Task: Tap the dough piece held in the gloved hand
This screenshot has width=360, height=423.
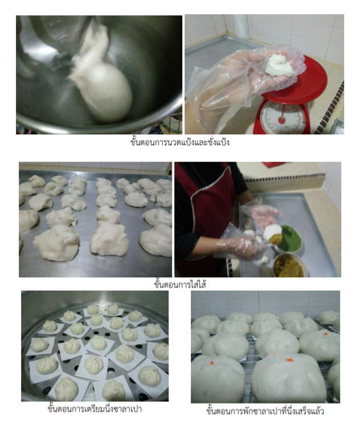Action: pyautogui.click(x=279, y=65)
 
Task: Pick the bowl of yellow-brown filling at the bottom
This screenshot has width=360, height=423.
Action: pyautogui.click(x=288, y=265)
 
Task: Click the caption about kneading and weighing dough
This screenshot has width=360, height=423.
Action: pyautogui.click(x=180, y=142)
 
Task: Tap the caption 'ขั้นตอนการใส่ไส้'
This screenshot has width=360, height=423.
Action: pyautogui.click(x=180, y=285)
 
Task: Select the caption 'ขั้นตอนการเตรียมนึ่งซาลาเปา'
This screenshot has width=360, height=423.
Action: pyautogui.click(x=95, y=409)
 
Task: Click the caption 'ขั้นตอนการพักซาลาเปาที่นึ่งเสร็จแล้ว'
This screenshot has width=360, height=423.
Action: pyautogui.click(x=265, y=411)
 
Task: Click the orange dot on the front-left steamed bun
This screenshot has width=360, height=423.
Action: pyautogui.click(x=211, y=363)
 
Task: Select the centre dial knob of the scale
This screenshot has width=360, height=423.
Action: pyautogui.click(x=281, y=120)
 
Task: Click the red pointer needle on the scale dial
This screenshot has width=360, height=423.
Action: pyautogui.click(x=283, y=113)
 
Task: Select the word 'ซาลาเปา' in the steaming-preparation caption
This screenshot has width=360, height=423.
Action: pyautogui.click(x=127, y=409)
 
